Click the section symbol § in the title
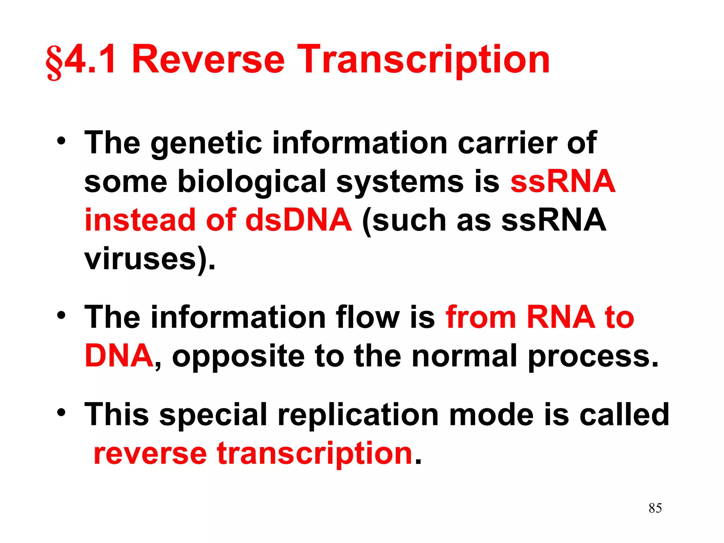coord(54,62)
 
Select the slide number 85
coord(655,508)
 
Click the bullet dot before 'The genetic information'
coord(62,141)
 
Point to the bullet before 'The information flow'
coord(62,315)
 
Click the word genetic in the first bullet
coord(206,143)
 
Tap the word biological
coord(251,182)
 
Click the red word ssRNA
coord(563,181)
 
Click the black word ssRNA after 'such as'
coord(554,220)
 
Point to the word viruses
coord(140,259)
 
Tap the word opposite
coord(238,356)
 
